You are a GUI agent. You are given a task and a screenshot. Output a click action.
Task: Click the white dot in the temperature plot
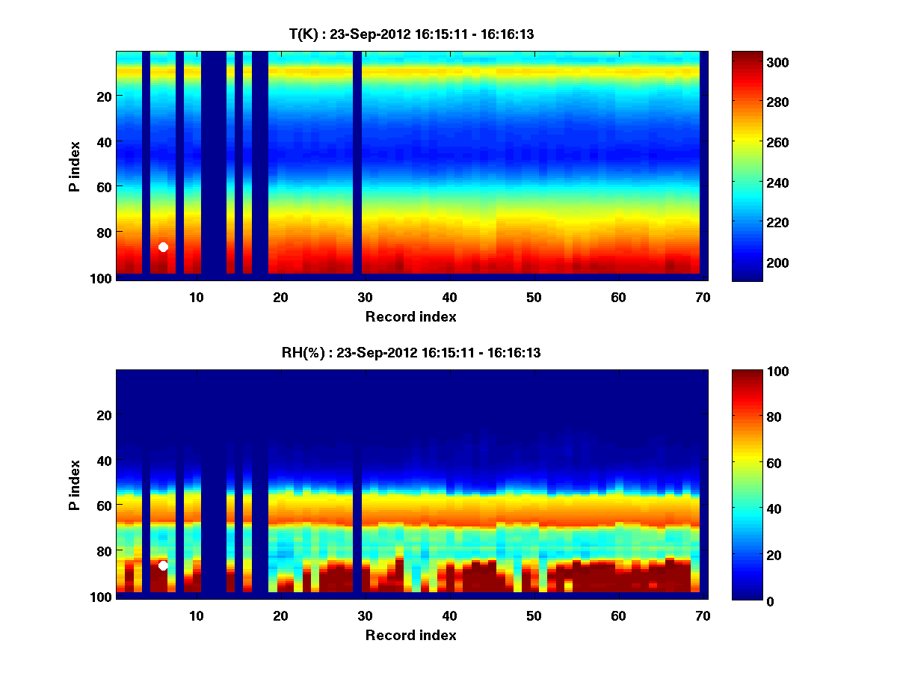[163, 247]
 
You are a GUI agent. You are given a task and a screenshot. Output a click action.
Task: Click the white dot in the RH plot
[163, 565]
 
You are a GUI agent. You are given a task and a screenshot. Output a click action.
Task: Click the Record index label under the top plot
[410, 317]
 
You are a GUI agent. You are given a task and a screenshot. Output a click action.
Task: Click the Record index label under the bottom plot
[410, 636]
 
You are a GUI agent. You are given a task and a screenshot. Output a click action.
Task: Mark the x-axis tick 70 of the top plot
[703, 297]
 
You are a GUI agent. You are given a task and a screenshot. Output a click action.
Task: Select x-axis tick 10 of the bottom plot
[196, 616]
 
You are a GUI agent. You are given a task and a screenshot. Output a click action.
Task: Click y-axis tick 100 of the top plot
[102, 278]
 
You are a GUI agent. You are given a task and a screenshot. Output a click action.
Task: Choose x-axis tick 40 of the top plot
[449, 297]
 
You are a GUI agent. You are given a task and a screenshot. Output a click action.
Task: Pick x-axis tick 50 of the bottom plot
[534, 616]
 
